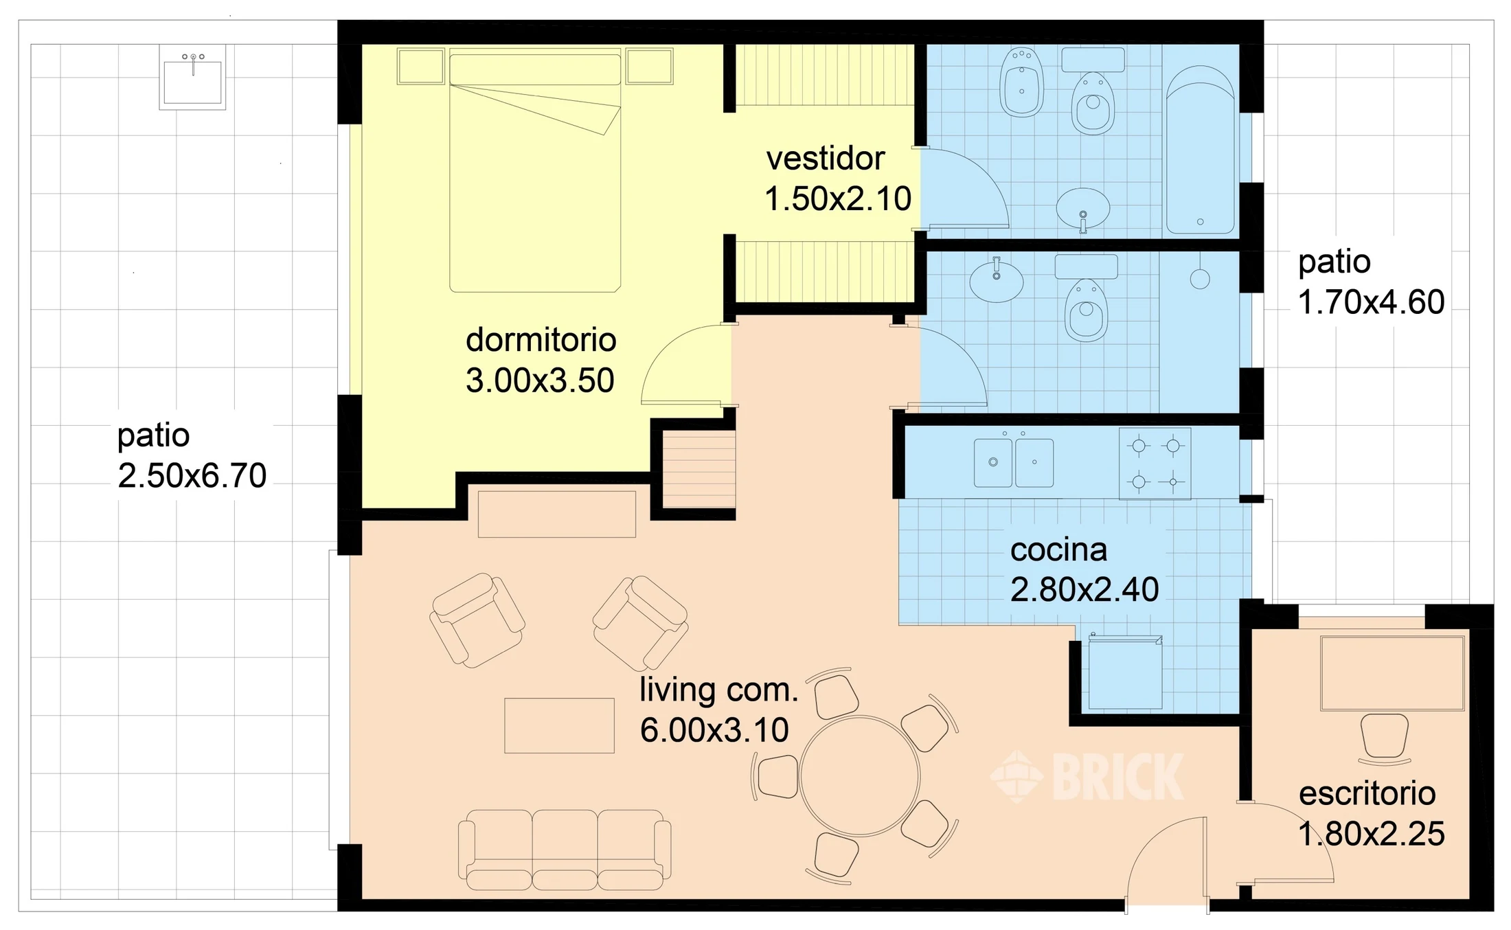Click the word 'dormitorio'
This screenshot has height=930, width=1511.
tap(541, 340)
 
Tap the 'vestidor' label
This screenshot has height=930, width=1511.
tap(826, 159)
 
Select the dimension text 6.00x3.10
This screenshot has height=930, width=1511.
tap(714, 730)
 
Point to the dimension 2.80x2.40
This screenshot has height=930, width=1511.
tap(1084, 590)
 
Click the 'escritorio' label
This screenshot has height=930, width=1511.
tap(1367, 794)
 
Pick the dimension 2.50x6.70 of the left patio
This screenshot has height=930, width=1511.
tap(192, 476)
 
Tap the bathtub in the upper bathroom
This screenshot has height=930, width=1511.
tap(1200, 150)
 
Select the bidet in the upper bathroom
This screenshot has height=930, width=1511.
tap(1022, 82)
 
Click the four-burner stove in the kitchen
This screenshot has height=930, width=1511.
tap(1155, 464)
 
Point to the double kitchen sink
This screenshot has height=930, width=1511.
tap(1014, 462)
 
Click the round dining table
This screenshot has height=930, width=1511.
tap(859, 775)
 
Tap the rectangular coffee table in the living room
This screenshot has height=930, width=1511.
tap(559, 725)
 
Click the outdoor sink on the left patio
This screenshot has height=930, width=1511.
tap(192, 77)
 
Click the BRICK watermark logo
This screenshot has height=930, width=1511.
tap(1087, 776)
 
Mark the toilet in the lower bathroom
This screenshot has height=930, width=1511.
tap(1086, 299)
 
